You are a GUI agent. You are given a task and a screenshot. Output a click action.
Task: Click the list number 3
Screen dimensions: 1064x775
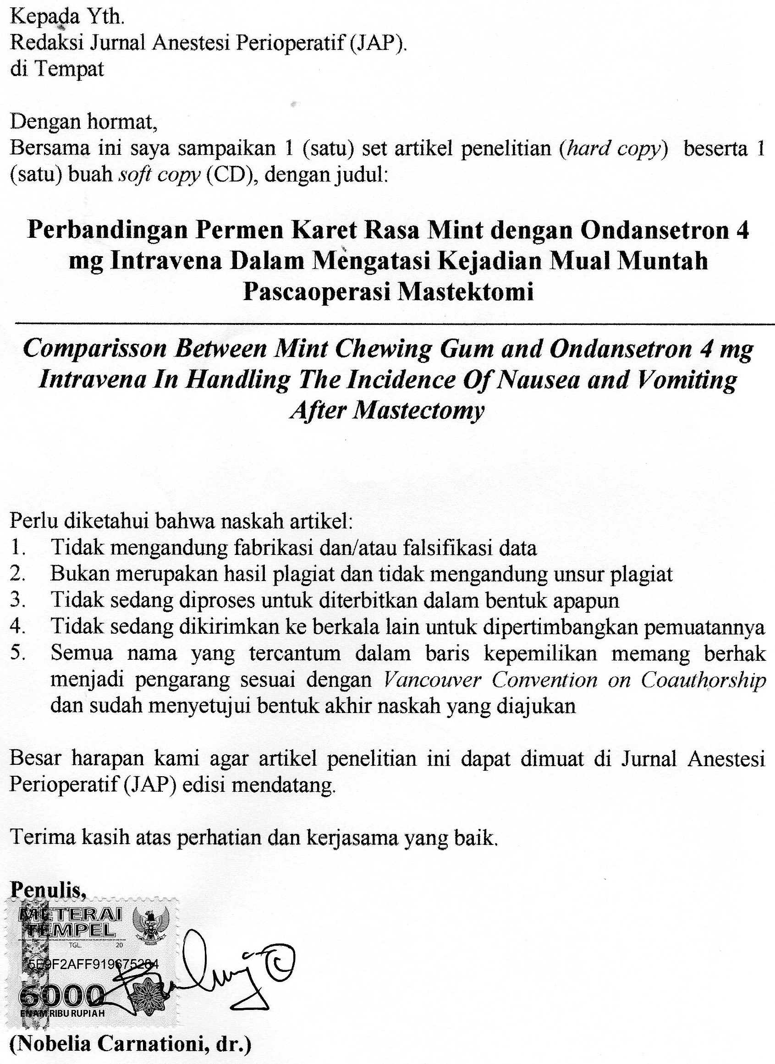point(17,600)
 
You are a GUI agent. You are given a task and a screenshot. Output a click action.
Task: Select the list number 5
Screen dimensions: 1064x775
point(17,653)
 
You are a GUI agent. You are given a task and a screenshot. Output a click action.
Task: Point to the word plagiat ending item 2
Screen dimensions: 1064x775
point(641,574)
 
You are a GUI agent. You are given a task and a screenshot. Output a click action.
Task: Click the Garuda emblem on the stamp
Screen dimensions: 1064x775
point(151,920)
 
